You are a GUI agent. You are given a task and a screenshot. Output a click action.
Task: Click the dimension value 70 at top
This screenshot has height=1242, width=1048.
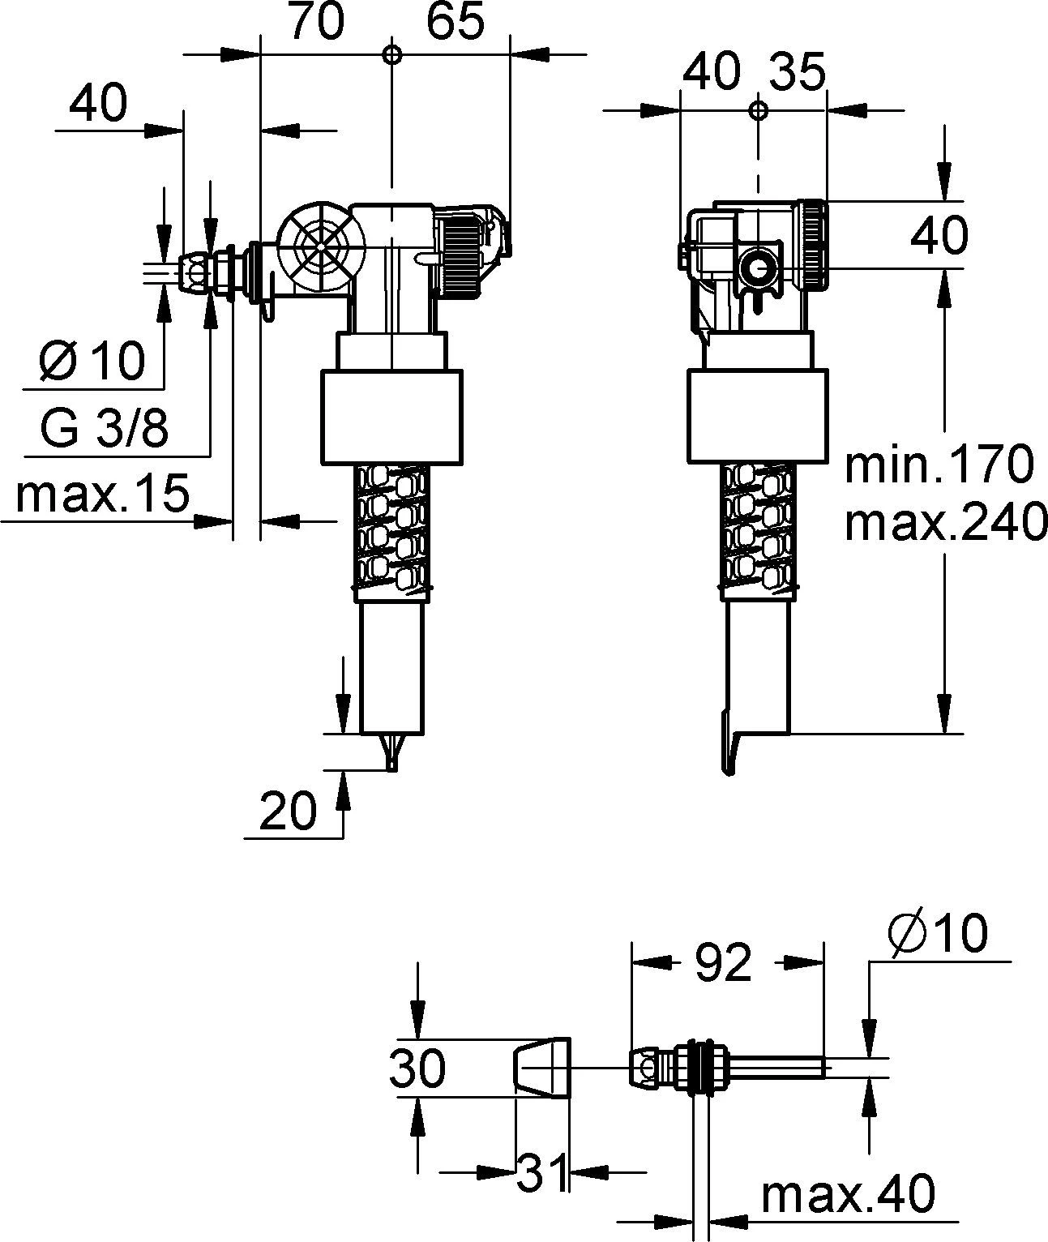[316, 24]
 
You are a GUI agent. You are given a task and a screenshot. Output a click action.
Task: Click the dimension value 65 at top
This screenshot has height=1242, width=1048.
[456, 24]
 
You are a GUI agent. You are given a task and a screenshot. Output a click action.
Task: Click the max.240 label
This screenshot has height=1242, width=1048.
[944, 523]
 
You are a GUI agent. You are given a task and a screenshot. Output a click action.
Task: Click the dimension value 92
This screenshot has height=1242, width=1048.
[724, 963]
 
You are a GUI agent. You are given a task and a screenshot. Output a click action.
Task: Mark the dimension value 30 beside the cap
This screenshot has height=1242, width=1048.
[417, 1068]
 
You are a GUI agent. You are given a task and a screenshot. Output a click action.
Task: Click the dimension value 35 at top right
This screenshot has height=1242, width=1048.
[796, 71]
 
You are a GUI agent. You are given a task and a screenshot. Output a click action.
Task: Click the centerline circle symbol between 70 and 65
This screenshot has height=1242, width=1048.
[391, 54]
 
